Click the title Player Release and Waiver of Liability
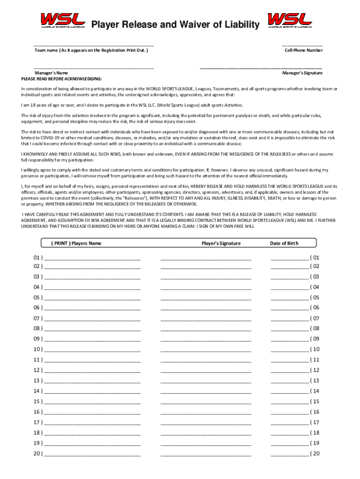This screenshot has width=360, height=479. pos(175,24)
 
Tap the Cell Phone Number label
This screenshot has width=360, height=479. pos(303,50)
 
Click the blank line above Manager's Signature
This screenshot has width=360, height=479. pos(260,68)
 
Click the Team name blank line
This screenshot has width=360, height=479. pos(94,45)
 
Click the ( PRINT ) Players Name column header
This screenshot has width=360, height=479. pos(76,243)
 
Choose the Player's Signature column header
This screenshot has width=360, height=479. pos(221,243)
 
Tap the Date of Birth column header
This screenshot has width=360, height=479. pos(284,243)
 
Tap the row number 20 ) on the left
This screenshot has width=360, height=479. pos(37,454)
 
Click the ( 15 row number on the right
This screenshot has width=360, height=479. pos(315,401)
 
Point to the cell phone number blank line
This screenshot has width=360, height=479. pos(302,45)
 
